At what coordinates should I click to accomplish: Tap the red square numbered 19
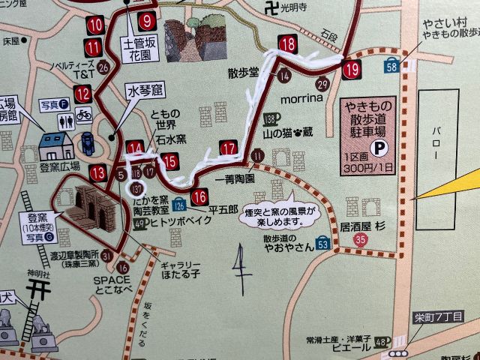352,70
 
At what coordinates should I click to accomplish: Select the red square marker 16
199,198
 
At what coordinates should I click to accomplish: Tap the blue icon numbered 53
322,243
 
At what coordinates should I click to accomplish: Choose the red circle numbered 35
361,239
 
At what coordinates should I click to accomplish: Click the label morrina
301,98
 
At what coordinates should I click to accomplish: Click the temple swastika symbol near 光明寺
270,8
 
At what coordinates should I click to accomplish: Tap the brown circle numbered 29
322,82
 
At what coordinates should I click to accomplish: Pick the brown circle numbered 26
103,67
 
